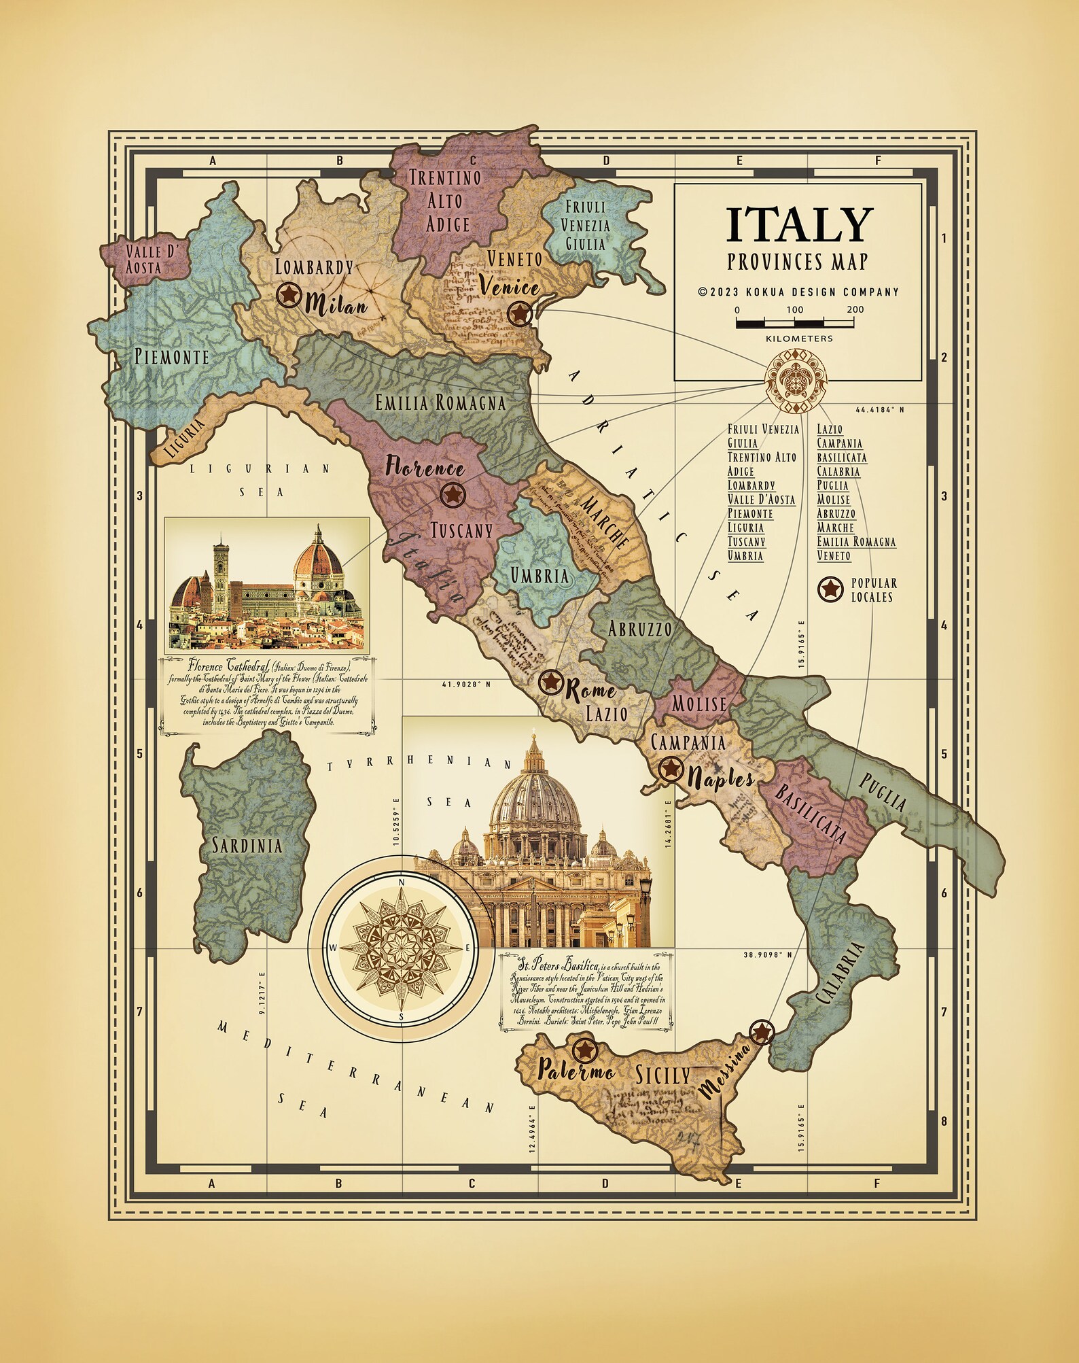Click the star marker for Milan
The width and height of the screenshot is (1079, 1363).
[x=289, y=295]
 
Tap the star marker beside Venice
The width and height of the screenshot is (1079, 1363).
[x=519, y=313]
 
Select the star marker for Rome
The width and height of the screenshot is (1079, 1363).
[x=550, y=682]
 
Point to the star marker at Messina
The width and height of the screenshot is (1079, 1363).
[x=761, y=1032]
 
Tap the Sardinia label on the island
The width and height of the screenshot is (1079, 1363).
[x=247, y=846]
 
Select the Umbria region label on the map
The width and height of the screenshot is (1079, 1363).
[x=540, y=576]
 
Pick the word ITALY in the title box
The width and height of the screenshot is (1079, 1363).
[x=798, y=225]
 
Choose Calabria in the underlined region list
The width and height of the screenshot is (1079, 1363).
[x=838, y=471]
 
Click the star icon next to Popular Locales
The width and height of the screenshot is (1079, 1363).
[x=830, y=589]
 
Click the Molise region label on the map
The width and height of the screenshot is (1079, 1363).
[x=699, y=703]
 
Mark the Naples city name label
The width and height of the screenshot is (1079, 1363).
[x=720, y=778]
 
